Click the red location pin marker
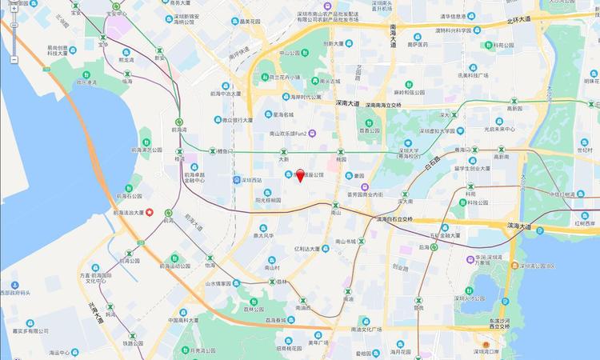300,175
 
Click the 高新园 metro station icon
501,150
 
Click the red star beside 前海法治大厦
149,212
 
